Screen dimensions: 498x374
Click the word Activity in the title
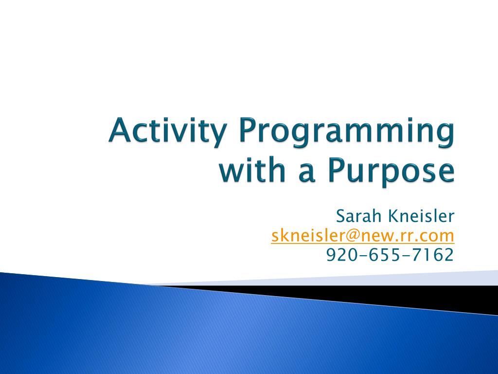click(168, 131)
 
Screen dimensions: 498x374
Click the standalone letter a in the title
click(307, 173)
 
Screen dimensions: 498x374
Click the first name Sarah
click(358, 216)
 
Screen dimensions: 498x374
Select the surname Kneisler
click(422, 216)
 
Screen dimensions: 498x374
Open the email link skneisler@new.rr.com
click(363, 236)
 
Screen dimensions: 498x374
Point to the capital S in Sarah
click(340, 216)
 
